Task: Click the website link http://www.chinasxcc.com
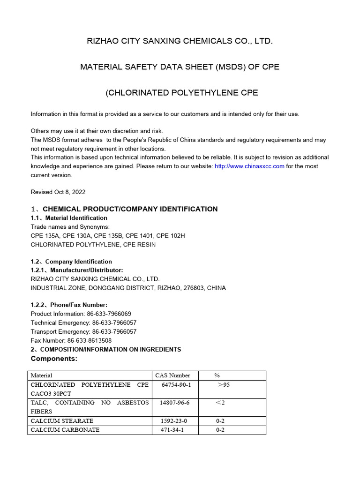(x=249, y=166)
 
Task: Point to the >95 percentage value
(x=224, y=385)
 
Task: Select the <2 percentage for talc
(x=220, y=403)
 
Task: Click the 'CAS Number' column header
(x=172, y=375)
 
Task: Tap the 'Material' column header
(x=41, y=375)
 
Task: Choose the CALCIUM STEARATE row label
(x=62, y=421)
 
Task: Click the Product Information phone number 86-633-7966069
(x=109, y=314)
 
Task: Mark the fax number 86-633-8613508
(x=90, y=340)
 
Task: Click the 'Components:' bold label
(x=54, y=359)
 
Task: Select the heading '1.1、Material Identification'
(x=69, y=218)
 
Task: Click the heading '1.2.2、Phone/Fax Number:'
(x=69, y=305)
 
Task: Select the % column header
(x=217, y=375)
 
